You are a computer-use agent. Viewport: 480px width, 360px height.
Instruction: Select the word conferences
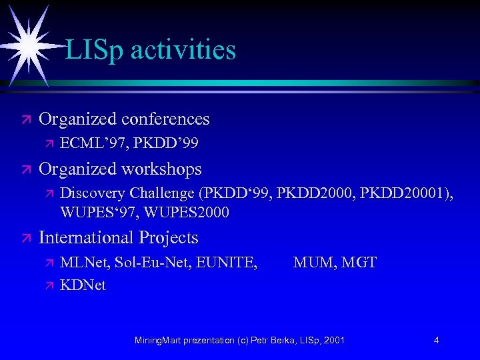165,119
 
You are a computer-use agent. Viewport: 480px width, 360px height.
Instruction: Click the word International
86,237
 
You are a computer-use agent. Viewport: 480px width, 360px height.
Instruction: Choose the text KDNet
83,285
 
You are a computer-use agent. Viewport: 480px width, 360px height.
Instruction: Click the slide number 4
436,341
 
